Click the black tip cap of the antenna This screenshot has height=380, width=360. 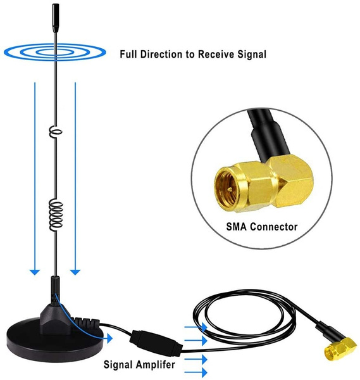56,18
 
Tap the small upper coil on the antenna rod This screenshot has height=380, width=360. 56,132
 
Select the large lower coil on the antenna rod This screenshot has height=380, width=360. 56,215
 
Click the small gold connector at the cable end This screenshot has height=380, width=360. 340,349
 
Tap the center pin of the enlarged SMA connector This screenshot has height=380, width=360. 230,188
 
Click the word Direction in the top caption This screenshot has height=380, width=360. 162,54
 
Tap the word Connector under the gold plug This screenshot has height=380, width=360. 273,227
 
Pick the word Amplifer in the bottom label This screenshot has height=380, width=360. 155,365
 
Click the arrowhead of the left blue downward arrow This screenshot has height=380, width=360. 35,272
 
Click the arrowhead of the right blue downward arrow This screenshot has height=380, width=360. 75,272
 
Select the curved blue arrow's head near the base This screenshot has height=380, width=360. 109,338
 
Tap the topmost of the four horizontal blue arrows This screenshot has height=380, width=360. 196,327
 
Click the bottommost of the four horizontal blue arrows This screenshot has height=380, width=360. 196,372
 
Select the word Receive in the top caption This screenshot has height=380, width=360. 216,54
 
